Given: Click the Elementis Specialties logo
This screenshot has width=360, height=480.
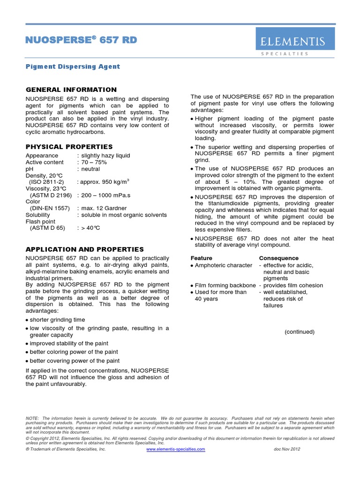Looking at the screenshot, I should click(x=295, y=42).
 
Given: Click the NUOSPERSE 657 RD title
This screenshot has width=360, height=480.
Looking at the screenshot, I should click(x=81, y=40).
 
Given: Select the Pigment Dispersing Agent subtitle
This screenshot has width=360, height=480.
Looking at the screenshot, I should click(x=73, y=67).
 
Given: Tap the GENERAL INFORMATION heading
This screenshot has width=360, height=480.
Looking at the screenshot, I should click(x=71, y=90).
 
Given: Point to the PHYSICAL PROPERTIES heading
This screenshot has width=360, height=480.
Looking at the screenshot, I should click(x=69, y=147).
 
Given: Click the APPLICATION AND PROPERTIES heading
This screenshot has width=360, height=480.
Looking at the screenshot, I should click(x=84, y=249).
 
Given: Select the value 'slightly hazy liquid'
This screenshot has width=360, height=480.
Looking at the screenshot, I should click(x=105, y=156).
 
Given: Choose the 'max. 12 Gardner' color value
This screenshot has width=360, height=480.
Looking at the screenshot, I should click(x=104, y=208).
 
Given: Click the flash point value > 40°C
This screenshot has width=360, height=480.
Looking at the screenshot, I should click(x=91, y=228).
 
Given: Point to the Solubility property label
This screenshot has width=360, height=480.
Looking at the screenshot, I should click(x=41, y=215).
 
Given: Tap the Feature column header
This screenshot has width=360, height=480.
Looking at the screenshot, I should click(x=202, y=258).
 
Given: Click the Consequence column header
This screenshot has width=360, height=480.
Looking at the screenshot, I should click(x=278, y=258).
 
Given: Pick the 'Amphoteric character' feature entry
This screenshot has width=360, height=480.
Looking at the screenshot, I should click(x=223, y=265).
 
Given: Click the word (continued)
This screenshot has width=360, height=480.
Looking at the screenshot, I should click(x=300, y=332).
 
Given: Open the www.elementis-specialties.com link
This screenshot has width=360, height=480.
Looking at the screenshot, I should click(x=176, y=449).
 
